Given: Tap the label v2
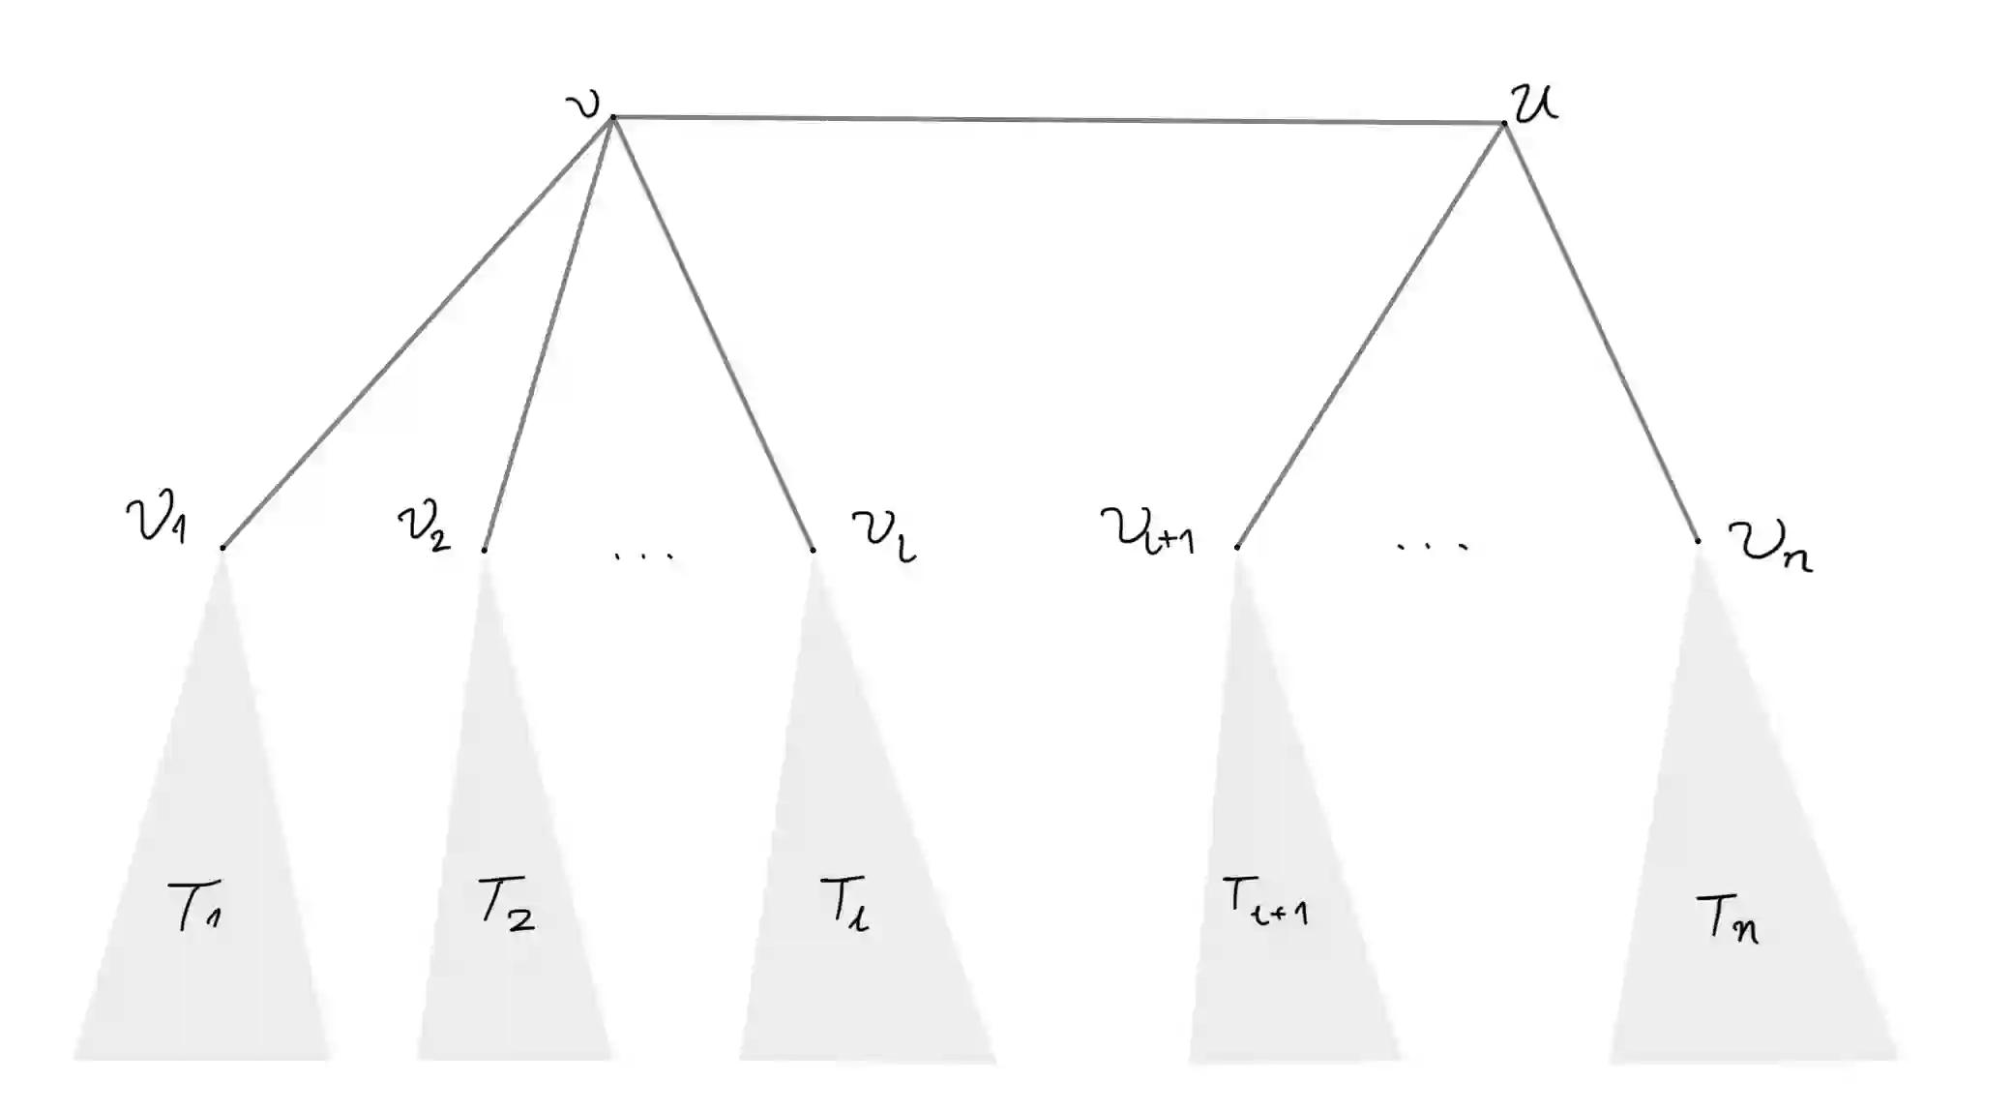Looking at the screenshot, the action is (x=424, y=526).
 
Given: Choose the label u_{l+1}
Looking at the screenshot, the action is (x=1147, y=532).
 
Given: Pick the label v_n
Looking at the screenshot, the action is (x=1769, y=548).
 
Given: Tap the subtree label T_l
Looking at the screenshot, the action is (x=844, y=905).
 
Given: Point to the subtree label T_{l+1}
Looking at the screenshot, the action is (x=1264, y=902).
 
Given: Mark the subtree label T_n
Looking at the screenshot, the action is (x=1727, y=919).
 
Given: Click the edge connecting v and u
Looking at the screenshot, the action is (x=1058, y=120).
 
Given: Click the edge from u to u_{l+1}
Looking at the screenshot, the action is (x=1371, y=335).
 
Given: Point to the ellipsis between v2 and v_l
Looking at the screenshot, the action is (x=644, y=556).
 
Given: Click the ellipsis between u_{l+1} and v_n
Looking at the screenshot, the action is (x=1433, y=547).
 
